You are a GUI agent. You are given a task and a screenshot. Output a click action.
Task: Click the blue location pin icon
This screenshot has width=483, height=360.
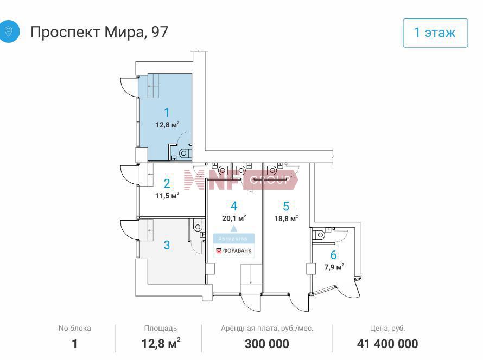click(x=8, y=31)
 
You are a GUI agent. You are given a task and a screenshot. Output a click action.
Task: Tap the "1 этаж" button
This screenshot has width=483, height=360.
click(x=435, y=33)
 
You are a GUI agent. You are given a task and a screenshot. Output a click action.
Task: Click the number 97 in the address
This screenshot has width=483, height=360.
click(x=160, y=32)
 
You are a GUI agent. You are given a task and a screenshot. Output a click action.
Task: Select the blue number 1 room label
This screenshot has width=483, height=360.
click(x=167, y=113)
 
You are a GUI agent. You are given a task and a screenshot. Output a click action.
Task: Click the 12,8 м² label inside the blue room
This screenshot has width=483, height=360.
click(x=167, y=125)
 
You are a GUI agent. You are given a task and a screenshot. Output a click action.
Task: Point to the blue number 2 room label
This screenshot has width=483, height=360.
click(x=167, y=183)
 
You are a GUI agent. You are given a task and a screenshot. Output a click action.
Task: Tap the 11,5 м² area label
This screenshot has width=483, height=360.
click(x=167, y=195)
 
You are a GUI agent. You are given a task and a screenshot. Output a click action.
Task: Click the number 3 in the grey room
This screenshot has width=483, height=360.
click(x=167, y=245)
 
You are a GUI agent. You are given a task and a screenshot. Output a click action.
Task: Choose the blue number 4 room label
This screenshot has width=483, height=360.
click(x=234, y=206)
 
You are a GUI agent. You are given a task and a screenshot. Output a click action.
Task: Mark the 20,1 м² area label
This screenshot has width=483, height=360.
click(x=234, y=218)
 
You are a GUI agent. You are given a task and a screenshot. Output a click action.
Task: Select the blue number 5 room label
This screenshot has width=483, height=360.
click(x=286, y=206)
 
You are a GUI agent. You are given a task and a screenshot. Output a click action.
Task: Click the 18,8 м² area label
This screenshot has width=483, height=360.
click(x=286, y=218)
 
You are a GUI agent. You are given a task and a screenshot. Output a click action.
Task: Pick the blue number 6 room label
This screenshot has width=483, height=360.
click(x=333, y=255)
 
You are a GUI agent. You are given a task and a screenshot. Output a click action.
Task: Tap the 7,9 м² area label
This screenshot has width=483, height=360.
click(x=334, y=267)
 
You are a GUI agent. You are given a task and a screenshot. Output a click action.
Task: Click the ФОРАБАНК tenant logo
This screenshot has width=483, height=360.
click(x=234, y=251)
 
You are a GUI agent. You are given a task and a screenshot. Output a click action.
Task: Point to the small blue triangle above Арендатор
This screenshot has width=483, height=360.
click(x=234, y=228)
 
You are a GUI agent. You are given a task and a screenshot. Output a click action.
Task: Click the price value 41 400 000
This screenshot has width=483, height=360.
click(x=387, y=344)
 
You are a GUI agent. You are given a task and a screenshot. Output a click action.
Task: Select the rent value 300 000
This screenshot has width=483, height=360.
click(x=267, y=344)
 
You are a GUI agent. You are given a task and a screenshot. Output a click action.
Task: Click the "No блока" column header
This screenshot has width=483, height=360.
click(x=74, y=329)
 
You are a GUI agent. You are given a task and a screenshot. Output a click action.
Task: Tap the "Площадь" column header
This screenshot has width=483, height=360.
click(x=161, y=329)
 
